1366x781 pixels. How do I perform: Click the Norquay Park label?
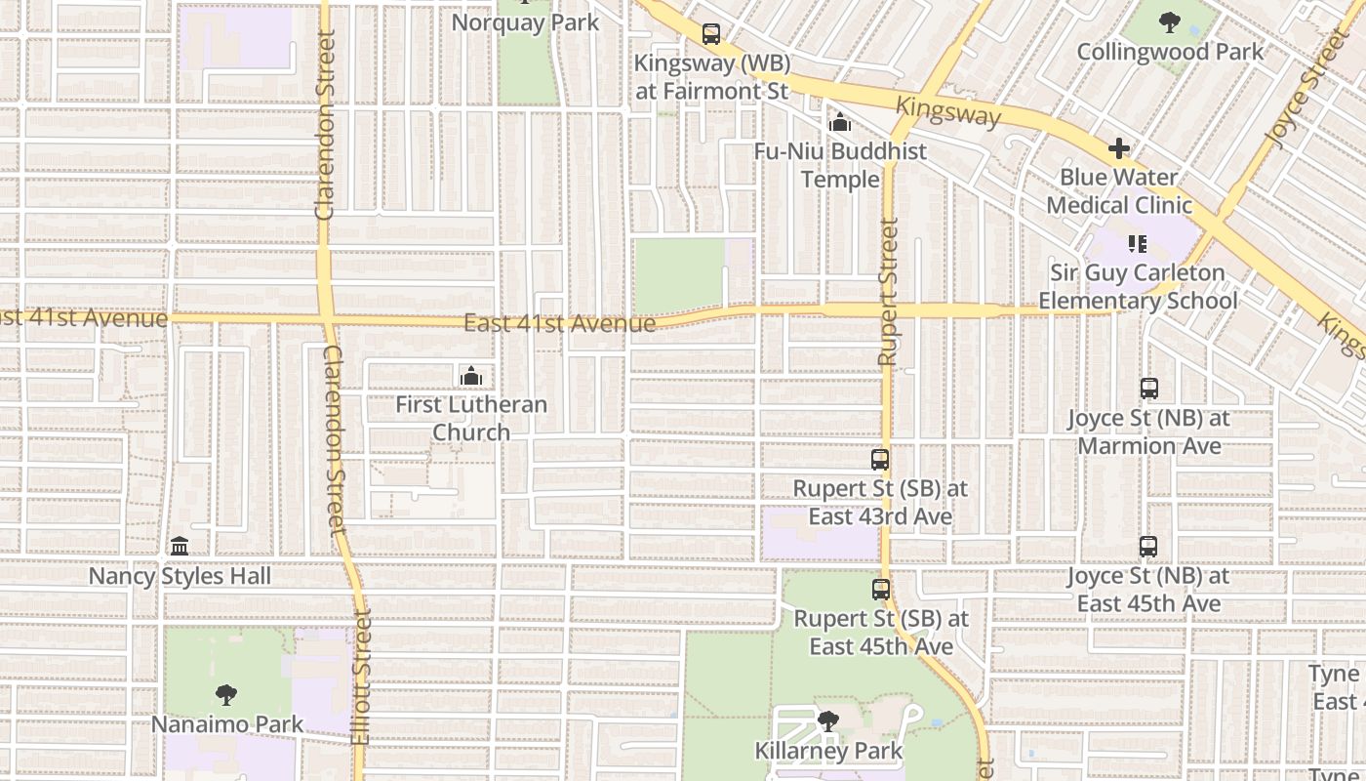click(525, 22)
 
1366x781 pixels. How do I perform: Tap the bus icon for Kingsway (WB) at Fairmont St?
click(711, 34)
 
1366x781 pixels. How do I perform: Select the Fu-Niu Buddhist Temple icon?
click(839, 123)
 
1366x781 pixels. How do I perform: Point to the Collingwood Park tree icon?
click(1170, 22)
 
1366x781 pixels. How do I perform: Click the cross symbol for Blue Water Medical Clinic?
click(1119, 149)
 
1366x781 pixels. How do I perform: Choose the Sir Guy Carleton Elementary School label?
click(1138, 287)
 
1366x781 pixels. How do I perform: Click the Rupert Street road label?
click(887, 293)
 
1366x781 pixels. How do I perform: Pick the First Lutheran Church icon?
click(471, 376)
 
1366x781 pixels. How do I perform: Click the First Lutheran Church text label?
click(471, 418)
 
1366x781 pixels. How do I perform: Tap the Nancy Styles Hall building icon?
click(180, 547)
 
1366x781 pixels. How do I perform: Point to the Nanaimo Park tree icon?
click(226, 695)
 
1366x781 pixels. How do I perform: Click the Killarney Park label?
click(828, 751)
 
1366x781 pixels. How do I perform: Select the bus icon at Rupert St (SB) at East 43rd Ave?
click(880, 460)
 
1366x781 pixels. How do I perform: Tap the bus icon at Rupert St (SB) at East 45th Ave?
click(881, 590)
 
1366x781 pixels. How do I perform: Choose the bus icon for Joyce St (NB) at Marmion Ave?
click(1149, 389)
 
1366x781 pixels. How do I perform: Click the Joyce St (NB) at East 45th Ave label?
click(1148, 590)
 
